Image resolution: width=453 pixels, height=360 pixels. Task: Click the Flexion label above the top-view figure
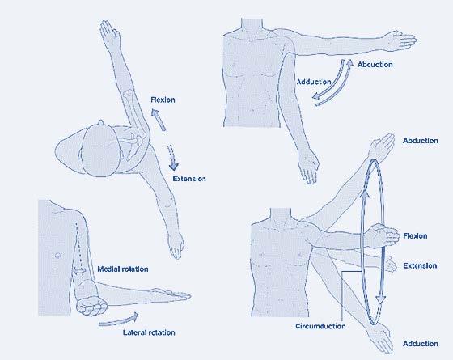[x=163, y=100]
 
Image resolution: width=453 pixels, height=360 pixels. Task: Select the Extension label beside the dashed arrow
[x=189, y=179]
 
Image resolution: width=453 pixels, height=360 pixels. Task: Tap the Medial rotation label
[x=123, y=269]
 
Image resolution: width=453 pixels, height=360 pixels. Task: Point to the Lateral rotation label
[x=149, y=332]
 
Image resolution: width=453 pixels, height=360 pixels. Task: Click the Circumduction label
[x=320, y=326]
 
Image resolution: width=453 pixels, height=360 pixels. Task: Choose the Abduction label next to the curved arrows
[x=375, y=65]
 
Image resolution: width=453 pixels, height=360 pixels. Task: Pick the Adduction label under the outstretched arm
[x=314, y=82]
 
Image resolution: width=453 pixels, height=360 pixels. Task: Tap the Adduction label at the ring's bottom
[x=421, y=344]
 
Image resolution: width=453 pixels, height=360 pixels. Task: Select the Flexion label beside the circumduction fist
[x=415, y=236]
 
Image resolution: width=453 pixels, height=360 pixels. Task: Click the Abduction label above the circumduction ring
[x=421, y=141]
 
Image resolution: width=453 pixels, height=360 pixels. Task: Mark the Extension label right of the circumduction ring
[x=420, y=266]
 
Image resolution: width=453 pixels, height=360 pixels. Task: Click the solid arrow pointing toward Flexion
[x=159, y=120]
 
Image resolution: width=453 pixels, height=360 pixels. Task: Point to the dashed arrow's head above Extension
[x=173, y=167]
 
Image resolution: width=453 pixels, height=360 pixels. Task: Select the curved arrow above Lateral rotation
[x=118, y=320]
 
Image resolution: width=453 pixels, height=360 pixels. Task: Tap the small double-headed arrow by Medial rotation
[x=79, y=271]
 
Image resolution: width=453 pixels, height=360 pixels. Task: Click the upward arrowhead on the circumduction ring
[x=365, y=193]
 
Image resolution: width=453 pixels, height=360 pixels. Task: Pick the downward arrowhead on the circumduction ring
[x=381, y=299]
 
